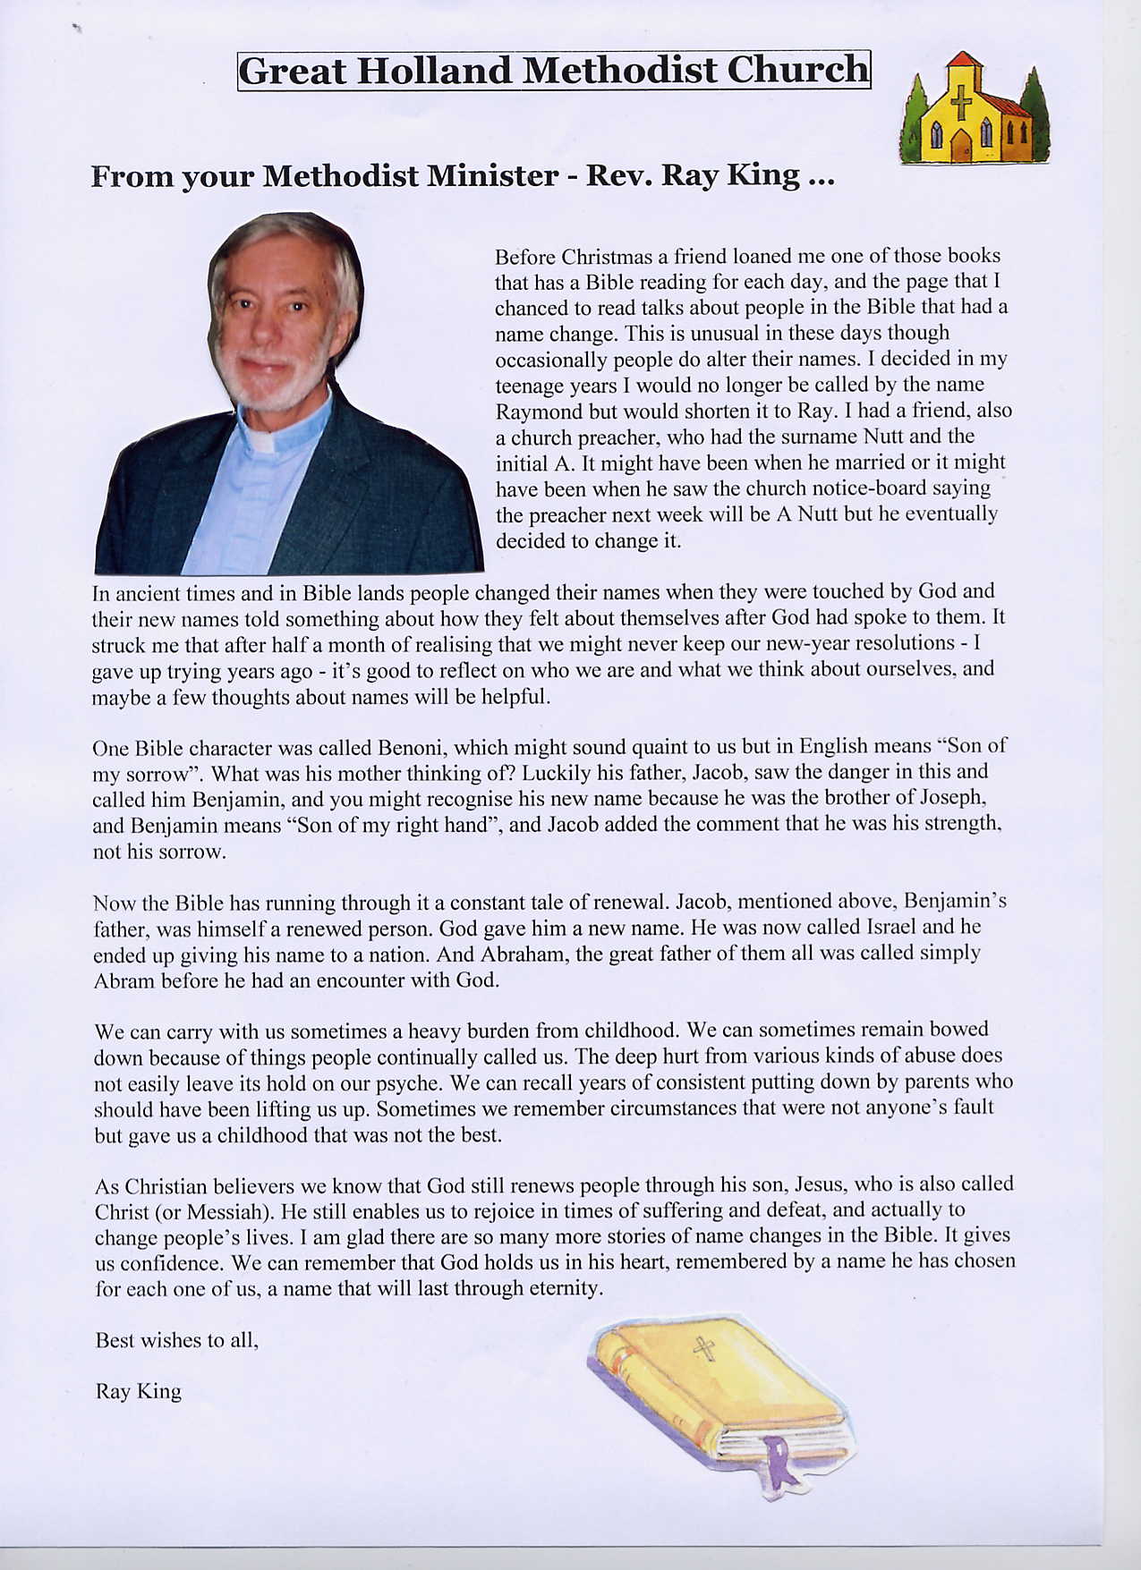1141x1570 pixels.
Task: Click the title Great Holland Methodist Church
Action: coord(554,70)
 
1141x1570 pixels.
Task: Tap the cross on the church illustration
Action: coord(960,103)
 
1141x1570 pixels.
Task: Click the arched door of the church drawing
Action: coord(961,146)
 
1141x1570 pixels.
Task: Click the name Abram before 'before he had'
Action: coord(124,980)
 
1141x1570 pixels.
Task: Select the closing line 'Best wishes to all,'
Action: coord(176,1340)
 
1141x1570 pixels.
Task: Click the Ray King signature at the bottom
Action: coord(138,1391)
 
